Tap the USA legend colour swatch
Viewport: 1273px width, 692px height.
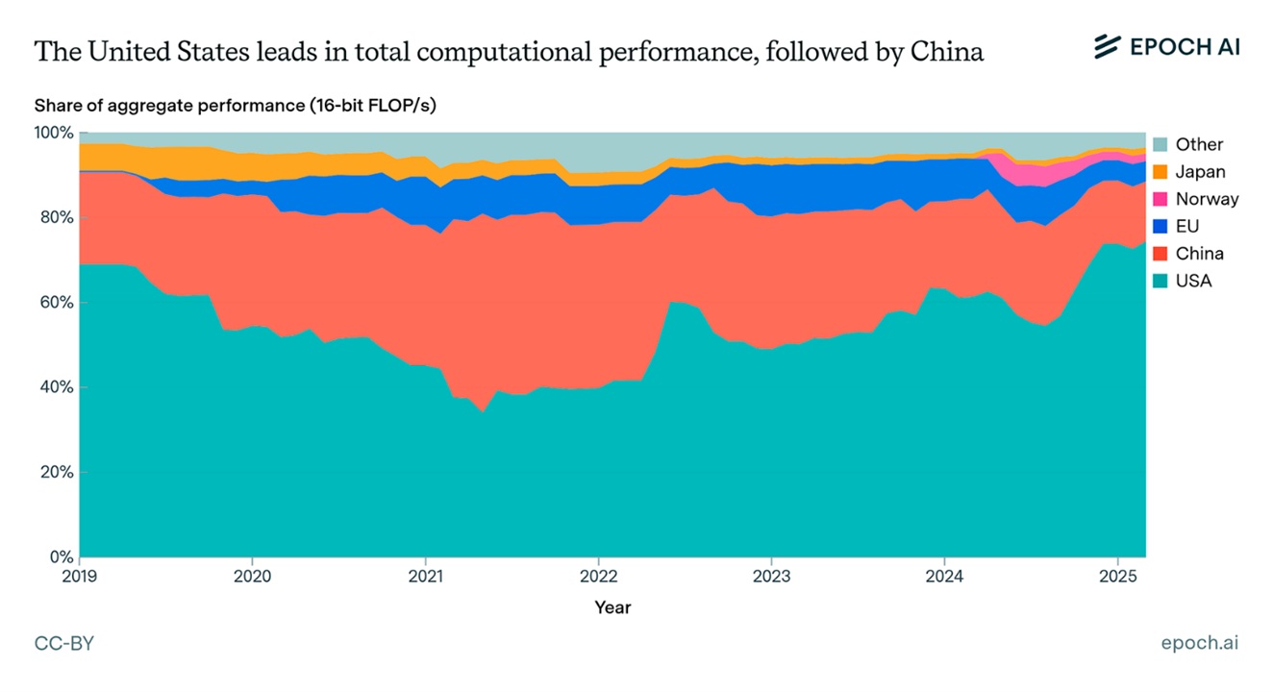(1160, 282)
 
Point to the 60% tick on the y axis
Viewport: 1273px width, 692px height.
(55, 303)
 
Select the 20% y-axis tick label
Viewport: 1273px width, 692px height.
(55, 473)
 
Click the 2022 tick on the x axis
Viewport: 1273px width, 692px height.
(598, 576)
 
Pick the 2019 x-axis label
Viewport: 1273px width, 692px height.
(80, 576)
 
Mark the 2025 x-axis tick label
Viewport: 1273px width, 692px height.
(1116, 576)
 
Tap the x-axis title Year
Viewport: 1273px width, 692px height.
(612, 607)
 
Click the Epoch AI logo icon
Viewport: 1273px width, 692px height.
(1109, 45)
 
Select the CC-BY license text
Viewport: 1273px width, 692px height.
(64, 643)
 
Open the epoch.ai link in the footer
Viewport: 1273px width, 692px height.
(1200, 643)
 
